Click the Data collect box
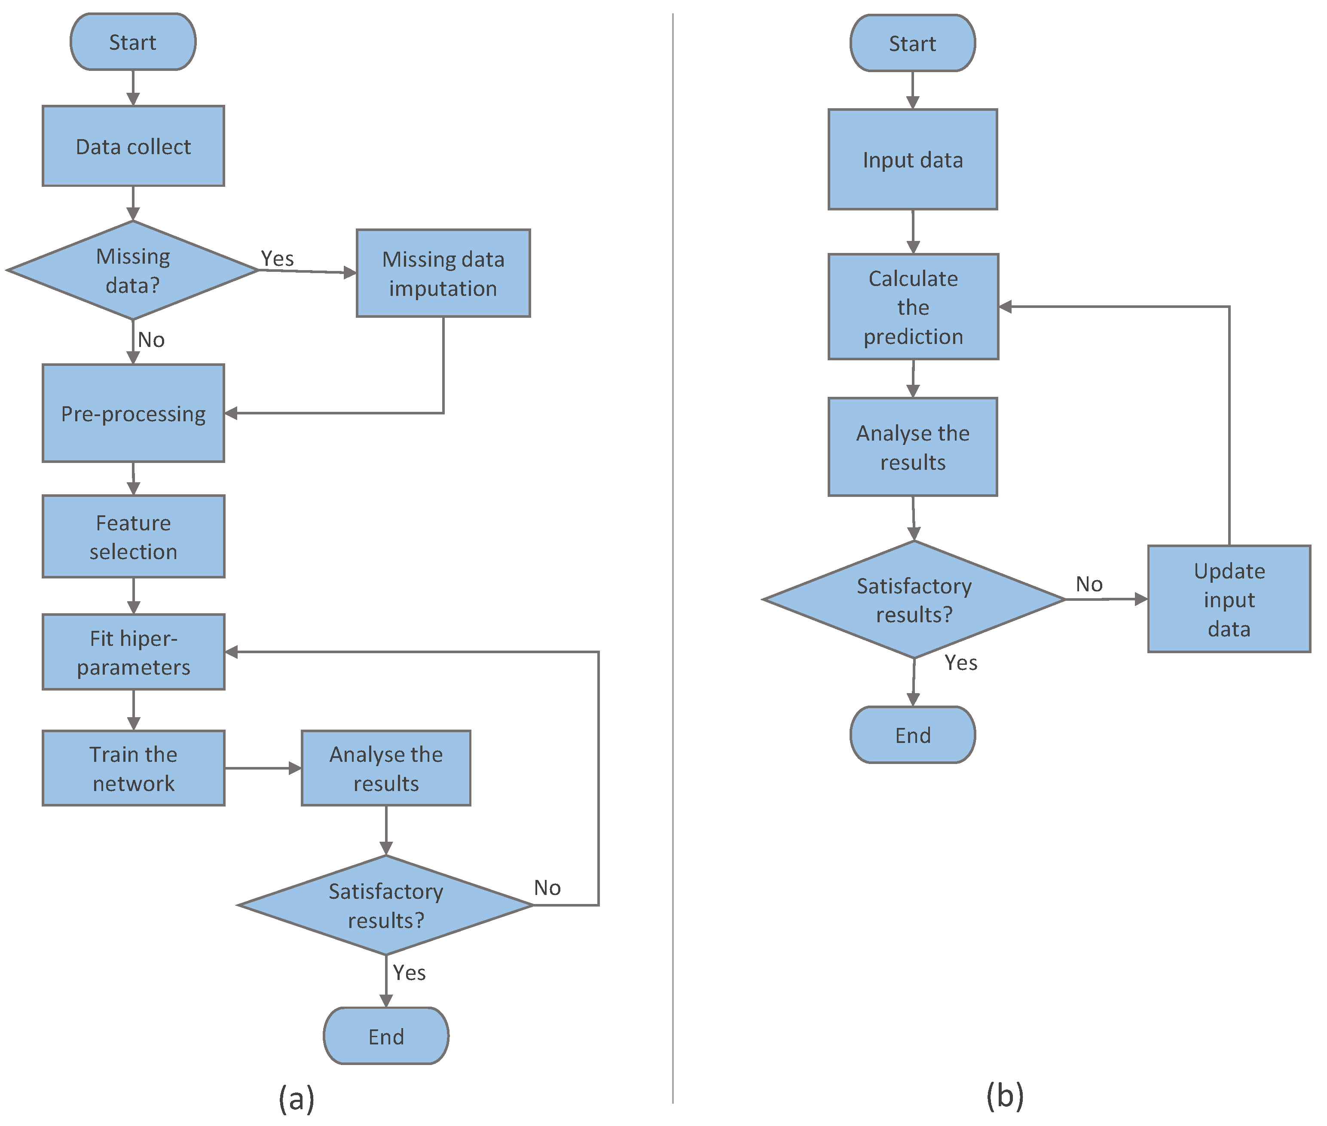pyautogui.click(x=133, y=146)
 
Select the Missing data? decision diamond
pyautogui.click(x=133, y=270)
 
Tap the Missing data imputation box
pyautogui.click(x=443, y=273)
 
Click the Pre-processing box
pyautogui.click(x=133, y=413)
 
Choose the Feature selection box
pyautogui.click(x=133, y=536)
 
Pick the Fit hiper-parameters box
pyautogui.click(x=133, y=652)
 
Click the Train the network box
pyautogui.click(x=133, y=768)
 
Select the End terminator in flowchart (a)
pyautogui.click(x=386, y=1036)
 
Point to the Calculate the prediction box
pyautogui.click(x=913, y=307)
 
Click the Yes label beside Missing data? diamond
pyautogui.click(x=277, y=259)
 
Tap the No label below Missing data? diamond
pyautogui.click(x=151, y=340)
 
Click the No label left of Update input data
pyautogui.click(x=1089, y=584)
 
